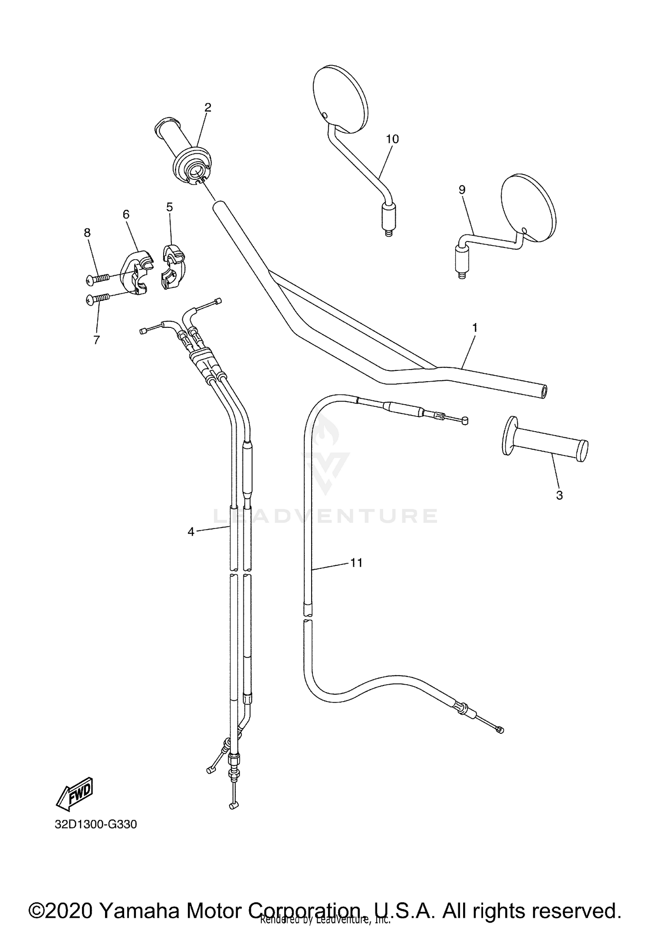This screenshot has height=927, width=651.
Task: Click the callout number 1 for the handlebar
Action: click(x=475, y=328)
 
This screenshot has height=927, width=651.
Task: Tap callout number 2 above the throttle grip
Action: click(x=208, y=107)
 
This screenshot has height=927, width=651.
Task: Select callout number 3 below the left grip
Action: click(x=559, y=495)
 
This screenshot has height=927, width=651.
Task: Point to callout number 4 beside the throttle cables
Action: click(x=191, y=531)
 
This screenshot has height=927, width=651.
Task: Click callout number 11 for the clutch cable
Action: click(x=356, y=563)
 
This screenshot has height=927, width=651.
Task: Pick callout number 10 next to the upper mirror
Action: click(x=392, y=139)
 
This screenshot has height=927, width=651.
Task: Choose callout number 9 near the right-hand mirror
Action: click(x=462, y=190)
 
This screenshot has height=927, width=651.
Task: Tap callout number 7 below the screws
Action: click(x=96, y=340)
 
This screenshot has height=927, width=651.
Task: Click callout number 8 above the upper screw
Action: click(x=87, y=233)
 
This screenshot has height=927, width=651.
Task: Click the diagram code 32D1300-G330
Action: click(x=95, y=824)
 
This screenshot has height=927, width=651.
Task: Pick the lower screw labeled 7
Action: click(x=98, y=299)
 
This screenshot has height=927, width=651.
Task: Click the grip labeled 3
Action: click(x=545, y=442)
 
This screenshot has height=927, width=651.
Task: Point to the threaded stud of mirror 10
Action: click(x=389, y=232)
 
